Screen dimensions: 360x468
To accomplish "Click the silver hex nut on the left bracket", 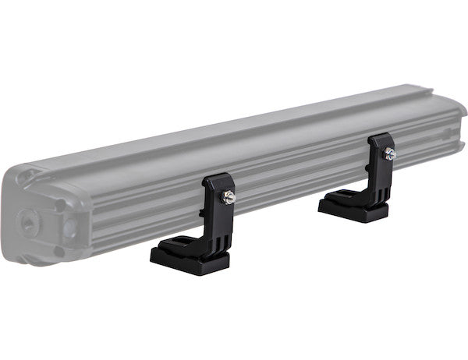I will pos(229,198).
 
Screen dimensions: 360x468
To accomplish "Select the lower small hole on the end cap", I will pos(57,251).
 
